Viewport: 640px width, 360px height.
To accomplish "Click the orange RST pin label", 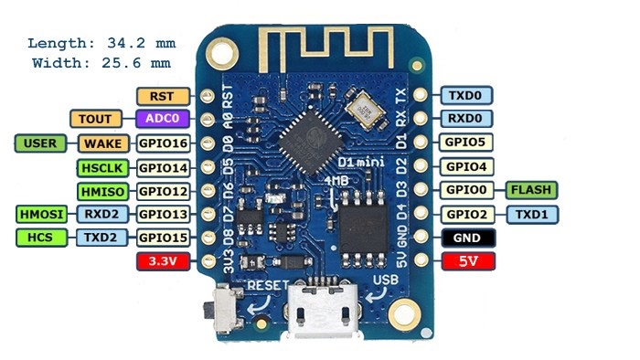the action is click(x=163, y=95).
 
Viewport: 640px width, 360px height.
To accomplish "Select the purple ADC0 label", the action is click(x=163, y=119).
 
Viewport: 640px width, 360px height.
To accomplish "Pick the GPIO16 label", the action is click(x=163, y=143).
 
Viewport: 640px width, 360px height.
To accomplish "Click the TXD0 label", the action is click(x=467, y=95).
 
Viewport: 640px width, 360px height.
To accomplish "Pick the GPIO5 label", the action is click(x=467, y=143).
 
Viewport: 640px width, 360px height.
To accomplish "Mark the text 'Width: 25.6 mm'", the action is click(x=101, y=63).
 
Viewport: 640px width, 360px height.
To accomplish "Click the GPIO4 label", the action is click(x=467, y=167).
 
